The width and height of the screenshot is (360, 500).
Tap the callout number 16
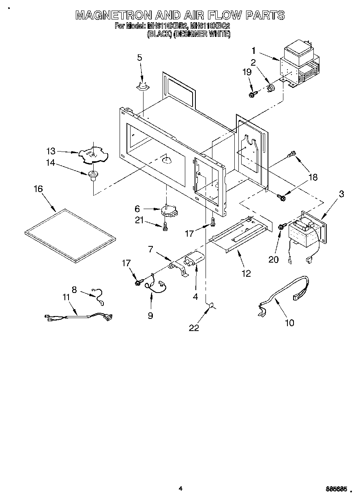pos(38,189)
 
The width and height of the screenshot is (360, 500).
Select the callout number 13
pos(51,151)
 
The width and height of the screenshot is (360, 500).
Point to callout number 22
pos(194,328)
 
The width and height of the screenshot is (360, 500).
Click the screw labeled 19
pos(252,94)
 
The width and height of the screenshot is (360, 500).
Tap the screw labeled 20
pos(280,228)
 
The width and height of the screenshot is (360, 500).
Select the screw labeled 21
pos(165,228)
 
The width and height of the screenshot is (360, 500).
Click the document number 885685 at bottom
pos(338,489)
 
